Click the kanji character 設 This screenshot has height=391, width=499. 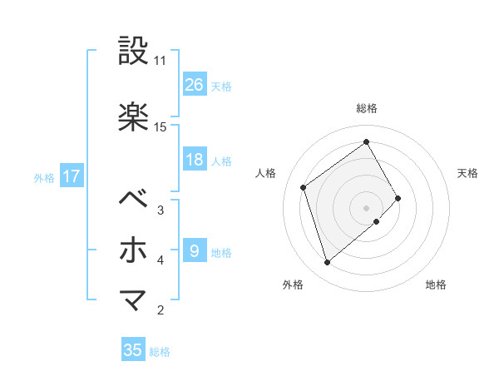[x=134, y=52]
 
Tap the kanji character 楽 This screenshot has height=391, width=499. [x=134, y=117]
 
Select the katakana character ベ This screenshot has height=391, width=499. [x=134, y=200]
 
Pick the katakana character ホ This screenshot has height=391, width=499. [x=134, y=250]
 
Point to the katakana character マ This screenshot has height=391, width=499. [x=134, y=299]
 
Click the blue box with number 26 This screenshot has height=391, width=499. [x=195, y=85]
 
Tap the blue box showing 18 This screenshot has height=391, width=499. [x=195, y=160]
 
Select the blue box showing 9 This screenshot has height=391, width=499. [x=195, y=250]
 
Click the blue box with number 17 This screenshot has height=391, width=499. [x=71, y=176]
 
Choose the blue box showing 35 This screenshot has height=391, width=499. [x=133, y=350]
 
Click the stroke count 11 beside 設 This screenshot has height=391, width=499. [x=161, y=61]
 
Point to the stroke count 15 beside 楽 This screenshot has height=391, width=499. [x=161, y=126]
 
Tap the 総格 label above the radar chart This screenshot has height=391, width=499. [x=367, y=108]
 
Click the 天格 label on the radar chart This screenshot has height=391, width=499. [x=467, y=173]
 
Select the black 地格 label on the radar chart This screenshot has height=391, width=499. [x=436, y=285]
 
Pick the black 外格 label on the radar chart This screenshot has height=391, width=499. [x=293, y=285]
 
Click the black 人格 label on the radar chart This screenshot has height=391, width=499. [x=266, y=173]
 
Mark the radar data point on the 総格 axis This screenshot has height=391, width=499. [x=367, y=142]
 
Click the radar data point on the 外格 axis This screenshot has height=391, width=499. [x=327, y=263]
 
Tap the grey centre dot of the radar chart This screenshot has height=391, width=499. [x=367, y=206]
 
